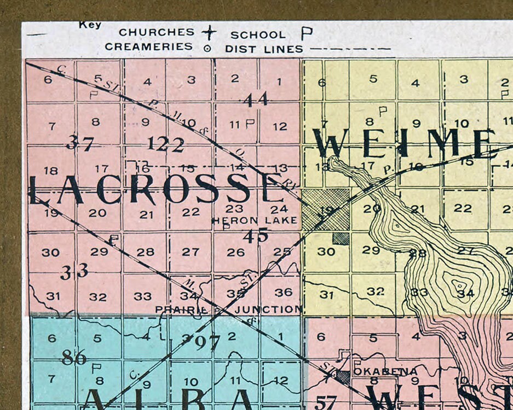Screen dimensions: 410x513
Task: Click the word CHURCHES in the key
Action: [157, 32]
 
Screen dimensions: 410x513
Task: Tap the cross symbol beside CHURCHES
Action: [209, 32]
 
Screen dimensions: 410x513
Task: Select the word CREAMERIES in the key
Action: [149, 47]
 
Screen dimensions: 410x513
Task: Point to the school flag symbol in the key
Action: [306, 34]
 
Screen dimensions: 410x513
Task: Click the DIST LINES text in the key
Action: [264, 49]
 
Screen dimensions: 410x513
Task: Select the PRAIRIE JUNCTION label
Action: [228, 309]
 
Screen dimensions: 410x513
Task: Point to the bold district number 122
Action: [165, 144]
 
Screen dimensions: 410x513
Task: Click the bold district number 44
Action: [256, 99]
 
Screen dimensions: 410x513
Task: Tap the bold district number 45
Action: [256, 236]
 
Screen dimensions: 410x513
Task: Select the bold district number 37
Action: [80, 143]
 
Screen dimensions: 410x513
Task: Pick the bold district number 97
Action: [207, 343]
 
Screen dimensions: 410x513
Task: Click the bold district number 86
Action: [74, 358]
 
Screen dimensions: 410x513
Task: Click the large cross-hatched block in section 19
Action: [326, 209]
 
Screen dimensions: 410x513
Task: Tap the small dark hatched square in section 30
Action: [341, 238]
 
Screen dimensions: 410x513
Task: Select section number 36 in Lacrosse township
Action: [283, 292]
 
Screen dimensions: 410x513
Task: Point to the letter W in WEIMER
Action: [331, 143]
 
